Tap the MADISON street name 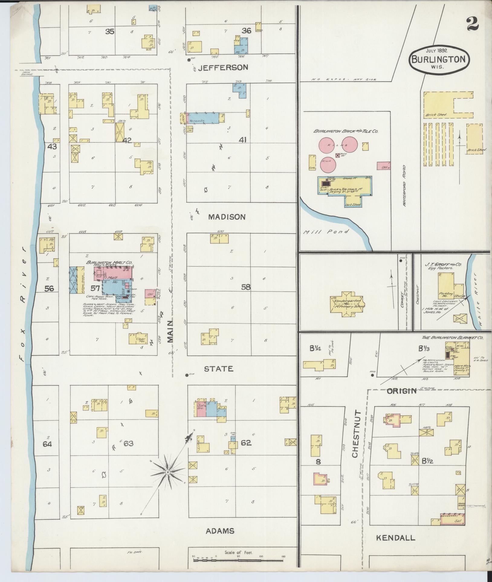point(227,217)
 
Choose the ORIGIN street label point(402,391)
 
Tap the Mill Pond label point(326,232)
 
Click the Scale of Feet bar point(239,561)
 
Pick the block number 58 point(246,287)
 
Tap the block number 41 point(242,140)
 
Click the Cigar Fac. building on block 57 point(138,339)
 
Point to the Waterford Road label point(404,185)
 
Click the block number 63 point(128,443)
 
